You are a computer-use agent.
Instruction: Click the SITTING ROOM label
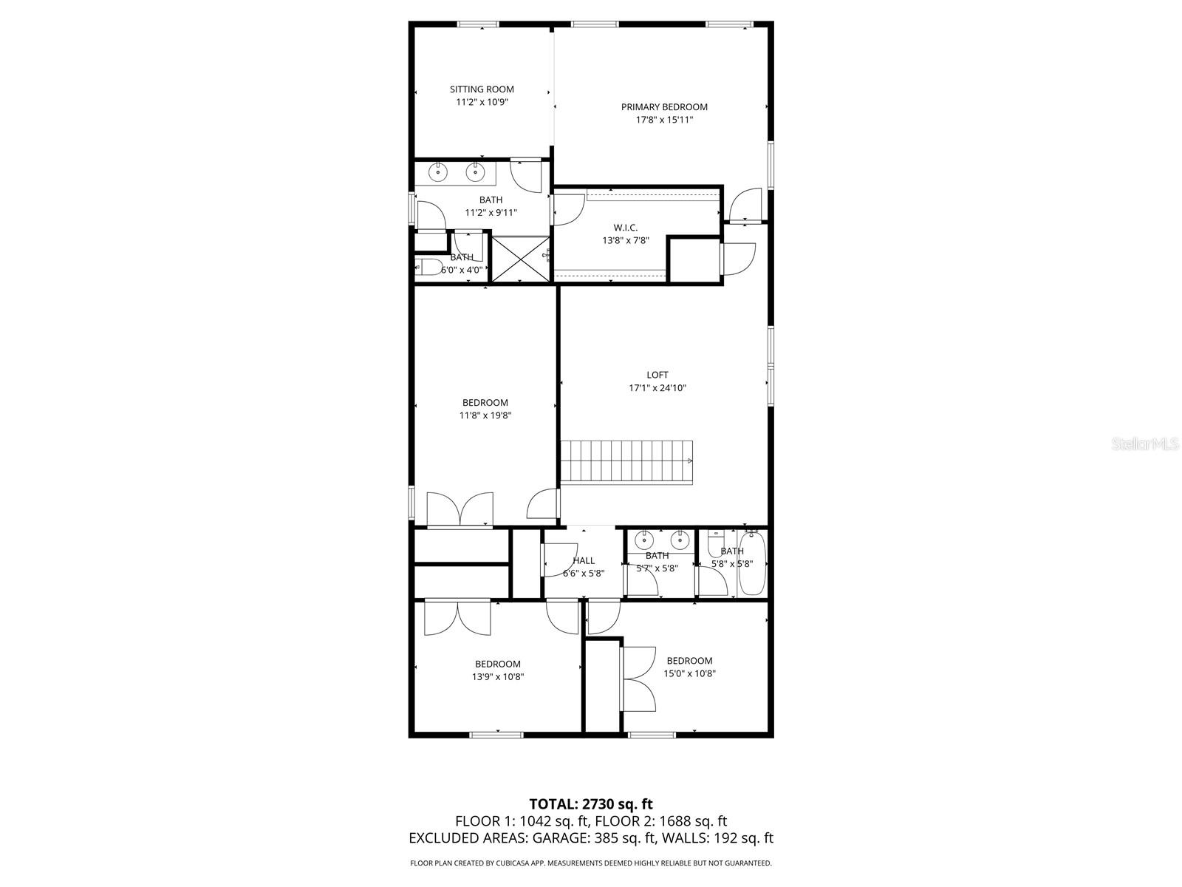tap(482, 89)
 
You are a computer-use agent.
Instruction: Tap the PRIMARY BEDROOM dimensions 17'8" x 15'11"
tap(664, 120)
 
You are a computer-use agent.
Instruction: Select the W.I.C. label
tap(625, 227)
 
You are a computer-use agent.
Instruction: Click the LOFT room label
tap(657, 375)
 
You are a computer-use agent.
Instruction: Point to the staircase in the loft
tap(626, 461)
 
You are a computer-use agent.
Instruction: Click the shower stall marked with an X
tap(521, 258)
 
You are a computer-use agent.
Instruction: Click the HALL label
tap(584, 560)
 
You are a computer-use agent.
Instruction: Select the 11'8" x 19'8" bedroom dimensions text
tap(485, 415)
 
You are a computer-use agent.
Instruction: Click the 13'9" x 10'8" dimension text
tap(498, 676)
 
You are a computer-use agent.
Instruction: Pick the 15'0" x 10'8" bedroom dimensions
tap(689, 673)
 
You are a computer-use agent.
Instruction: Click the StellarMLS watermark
tap(1146, 443)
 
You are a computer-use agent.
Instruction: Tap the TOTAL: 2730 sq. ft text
tap(591, 803)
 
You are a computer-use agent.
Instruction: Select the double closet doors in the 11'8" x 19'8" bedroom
tap(460, 509)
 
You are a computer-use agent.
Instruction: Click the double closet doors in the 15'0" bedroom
tap(639, 679)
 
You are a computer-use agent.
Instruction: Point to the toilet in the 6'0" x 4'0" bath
tap(428, 268)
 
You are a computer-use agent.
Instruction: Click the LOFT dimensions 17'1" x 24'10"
tap(657, 388)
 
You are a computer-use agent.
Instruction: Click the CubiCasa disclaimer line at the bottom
tap(591, 863)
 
